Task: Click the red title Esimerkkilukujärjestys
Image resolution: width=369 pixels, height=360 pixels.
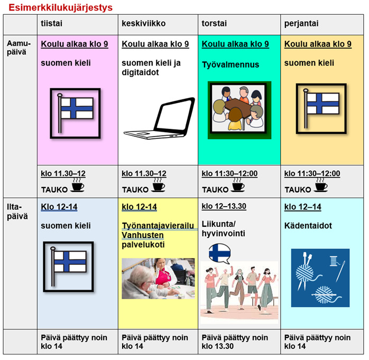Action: point(60,7)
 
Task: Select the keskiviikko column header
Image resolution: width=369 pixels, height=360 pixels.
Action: point(144,23)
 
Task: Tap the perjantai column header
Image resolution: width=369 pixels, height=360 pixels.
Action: point(301,24)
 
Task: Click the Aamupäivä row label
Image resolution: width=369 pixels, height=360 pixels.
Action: point(19,48)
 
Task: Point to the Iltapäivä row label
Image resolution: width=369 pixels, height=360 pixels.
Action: point(17,211)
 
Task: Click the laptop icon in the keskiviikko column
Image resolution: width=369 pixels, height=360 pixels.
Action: point(160,118)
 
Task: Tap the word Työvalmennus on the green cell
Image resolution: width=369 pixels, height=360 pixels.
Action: point(230,64)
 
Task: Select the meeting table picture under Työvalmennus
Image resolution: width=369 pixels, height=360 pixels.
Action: point(239,110)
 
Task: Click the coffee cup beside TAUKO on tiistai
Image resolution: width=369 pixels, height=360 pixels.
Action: point(77,185)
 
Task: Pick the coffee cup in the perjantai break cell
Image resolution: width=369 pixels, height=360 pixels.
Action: point(320,185)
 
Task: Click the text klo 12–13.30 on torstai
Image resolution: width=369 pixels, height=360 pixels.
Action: point(224,206)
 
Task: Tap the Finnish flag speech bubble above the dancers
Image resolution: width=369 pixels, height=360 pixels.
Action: point(219,253)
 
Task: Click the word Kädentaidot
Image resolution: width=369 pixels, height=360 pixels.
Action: point(308,226)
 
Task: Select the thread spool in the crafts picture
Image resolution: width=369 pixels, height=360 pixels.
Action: point(334,261)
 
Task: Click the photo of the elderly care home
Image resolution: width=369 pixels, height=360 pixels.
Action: point(158,279)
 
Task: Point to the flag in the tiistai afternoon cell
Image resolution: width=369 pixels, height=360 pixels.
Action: point(68,267)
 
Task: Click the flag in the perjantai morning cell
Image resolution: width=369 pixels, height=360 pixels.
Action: point(321,108)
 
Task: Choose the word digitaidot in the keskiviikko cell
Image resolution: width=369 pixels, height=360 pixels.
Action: point(140,72)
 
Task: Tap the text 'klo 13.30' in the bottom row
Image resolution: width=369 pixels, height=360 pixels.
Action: point(218,346)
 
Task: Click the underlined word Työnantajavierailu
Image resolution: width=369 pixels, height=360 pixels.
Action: point(158,226)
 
